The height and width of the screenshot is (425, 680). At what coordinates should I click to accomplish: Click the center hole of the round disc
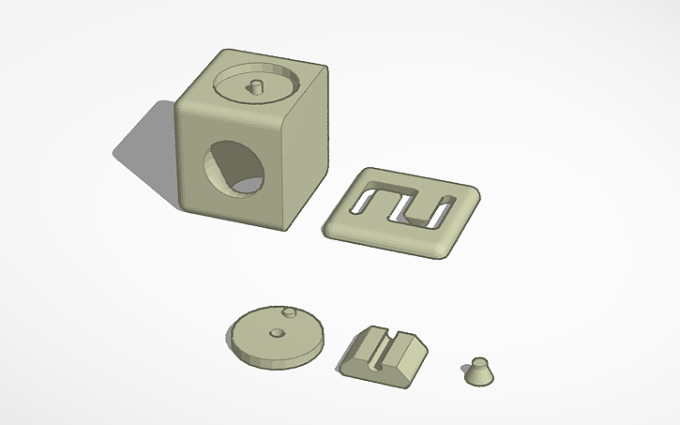(x=276, y=332)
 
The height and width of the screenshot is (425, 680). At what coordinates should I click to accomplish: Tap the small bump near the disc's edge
(x=290, y=311)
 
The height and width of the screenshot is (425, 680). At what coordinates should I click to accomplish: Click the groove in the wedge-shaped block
(x=379, y=346)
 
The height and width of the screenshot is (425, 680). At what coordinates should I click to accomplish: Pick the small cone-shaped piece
(x=478, y=372)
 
